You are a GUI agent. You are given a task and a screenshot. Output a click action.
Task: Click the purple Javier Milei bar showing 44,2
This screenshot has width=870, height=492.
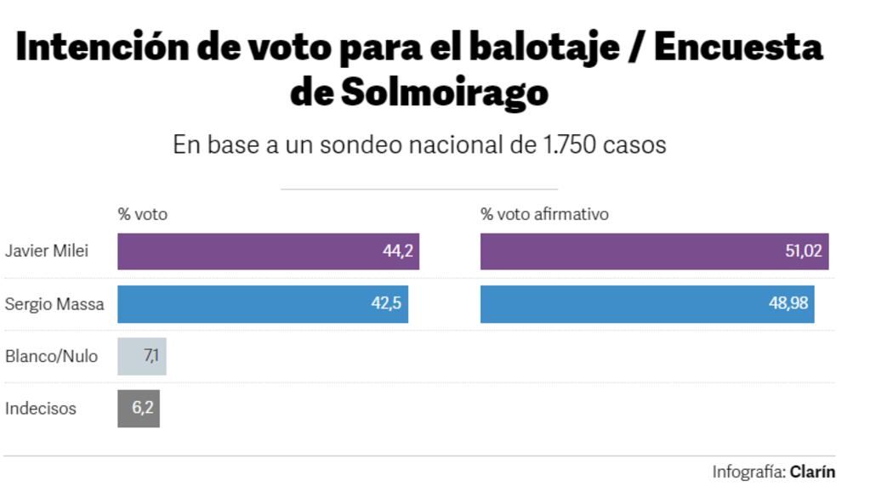[x=268, y=252]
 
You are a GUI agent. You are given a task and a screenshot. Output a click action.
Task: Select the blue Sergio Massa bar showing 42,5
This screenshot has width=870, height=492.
[x=262, y=304]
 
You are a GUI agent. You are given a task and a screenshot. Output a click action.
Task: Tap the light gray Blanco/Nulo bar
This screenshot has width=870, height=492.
[x=141, y=356]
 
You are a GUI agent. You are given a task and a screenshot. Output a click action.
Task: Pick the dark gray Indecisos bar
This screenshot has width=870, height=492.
[x=138, y=409]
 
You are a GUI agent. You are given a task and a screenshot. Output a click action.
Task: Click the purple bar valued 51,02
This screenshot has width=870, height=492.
[x=654, y=252]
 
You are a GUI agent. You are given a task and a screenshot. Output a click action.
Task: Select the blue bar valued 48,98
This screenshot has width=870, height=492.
[x=646, y=304]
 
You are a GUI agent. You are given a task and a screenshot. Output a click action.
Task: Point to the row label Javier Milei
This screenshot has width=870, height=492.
[x=47, y=252]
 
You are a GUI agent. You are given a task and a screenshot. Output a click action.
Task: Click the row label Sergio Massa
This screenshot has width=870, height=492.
[x=54, y=304]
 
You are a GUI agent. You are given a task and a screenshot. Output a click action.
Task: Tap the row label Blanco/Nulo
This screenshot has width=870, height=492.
[x=51, y=356]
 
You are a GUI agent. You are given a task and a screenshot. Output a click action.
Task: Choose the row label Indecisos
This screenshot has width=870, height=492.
[x=41, y=409]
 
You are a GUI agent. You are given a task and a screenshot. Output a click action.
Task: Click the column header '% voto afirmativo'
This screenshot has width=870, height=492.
[x=544, y=214]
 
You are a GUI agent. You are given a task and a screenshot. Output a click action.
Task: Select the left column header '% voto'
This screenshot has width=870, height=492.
[x=142, y=214]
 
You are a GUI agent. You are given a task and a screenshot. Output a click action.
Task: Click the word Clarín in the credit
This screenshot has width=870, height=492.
[x=812, y=472]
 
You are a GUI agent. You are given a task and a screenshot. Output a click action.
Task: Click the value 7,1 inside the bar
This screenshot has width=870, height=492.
[x=151, y=356]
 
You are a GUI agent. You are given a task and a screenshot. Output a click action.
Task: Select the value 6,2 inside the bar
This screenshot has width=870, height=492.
[x=142, y=409]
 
